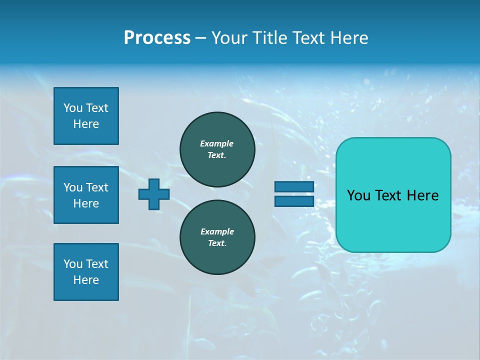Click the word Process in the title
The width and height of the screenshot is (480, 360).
157,38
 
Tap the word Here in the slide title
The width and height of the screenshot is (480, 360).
349,38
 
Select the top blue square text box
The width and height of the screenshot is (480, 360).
86,116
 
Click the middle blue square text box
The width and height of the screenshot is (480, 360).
86,195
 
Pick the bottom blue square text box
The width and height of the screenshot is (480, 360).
86,272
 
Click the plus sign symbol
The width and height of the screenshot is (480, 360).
154,194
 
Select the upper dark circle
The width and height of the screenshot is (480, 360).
217,149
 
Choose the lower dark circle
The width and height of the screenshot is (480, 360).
217,237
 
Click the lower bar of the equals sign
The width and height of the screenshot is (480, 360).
294,201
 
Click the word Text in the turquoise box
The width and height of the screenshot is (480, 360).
389,195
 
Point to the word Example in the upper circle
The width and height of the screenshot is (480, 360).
217,143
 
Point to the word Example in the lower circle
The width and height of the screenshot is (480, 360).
217,231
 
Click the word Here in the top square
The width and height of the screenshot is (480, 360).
86,124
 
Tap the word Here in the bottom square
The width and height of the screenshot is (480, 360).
86,280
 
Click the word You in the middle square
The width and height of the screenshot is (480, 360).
73,187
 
